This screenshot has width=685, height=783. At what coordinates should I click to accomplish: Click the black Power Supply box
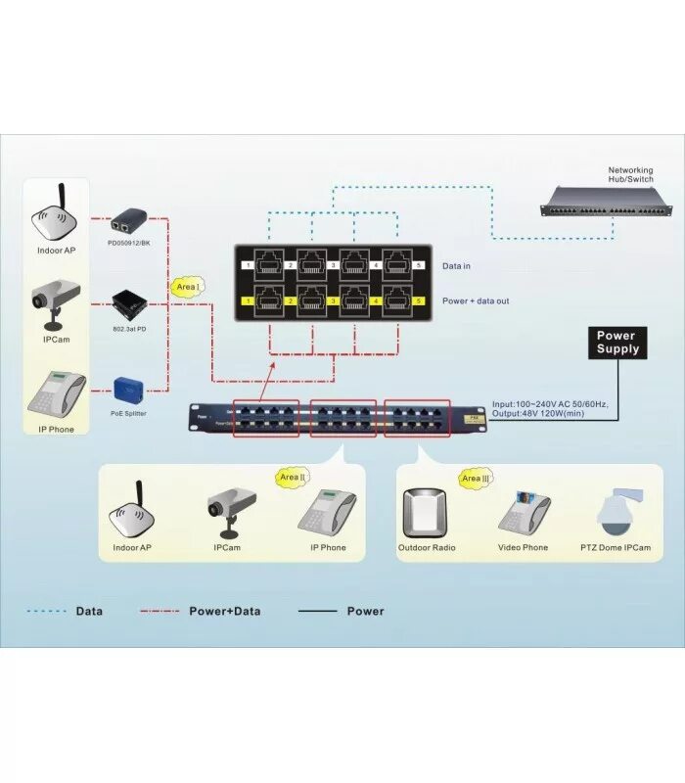click(617, 343)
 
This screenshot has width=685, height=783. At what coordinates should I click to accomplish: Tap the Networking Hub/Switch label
click(630, 175)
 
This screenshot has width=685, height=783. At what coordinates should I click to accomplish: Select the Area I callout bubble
click(186, 287)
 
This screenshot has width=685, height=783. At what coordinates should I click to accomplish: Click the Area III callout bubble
click(475, 479)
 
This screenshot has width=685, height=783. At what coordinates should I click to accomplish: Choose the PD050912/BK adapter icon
click(128, 221)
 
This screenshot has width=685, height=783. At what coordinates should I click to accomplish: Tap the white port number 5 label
click(419, 265)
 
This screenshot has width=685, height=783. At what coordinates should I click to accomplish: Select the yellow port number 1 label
click(250, 300)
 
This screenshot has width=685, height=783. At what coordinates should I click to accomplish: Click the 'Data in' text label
click(457, 266)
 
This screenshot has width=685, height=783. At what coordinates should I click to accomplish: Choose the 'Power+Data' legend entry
click(224, 612)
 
